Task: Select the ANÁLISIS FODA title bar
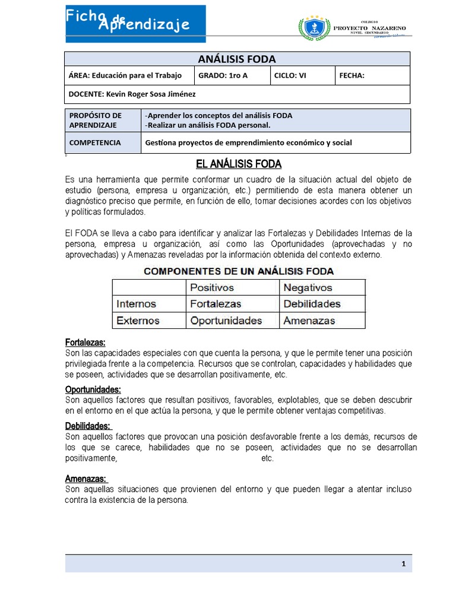tap(236, 59)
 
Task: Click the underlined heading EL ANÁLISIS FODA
tap(238, 164)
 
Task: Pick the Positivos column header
tap(212, 287)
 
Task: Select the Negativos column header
tap(309, 287)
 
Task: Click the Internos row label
tap(137, 304)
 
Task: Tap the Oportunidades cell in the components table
tap(226, 321)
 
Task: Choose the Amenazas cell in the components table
tap(309, 321)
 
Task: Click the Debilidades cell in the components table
tap(312, 304)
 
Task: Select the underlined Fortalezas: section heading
tap(85, 343)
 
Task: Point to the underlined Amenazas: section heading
tap(85, 479)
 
